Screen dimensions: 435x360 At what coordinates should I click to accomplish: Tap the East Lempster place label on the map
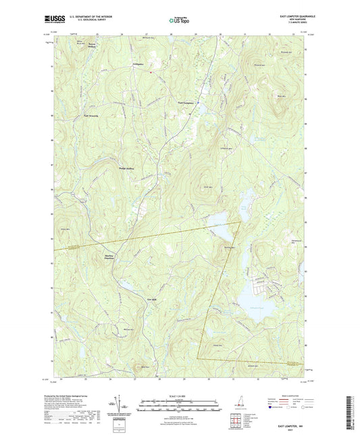(188, 103)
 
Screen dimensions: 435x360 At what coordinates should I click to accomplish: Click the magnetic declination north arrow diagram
(119, 409)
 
